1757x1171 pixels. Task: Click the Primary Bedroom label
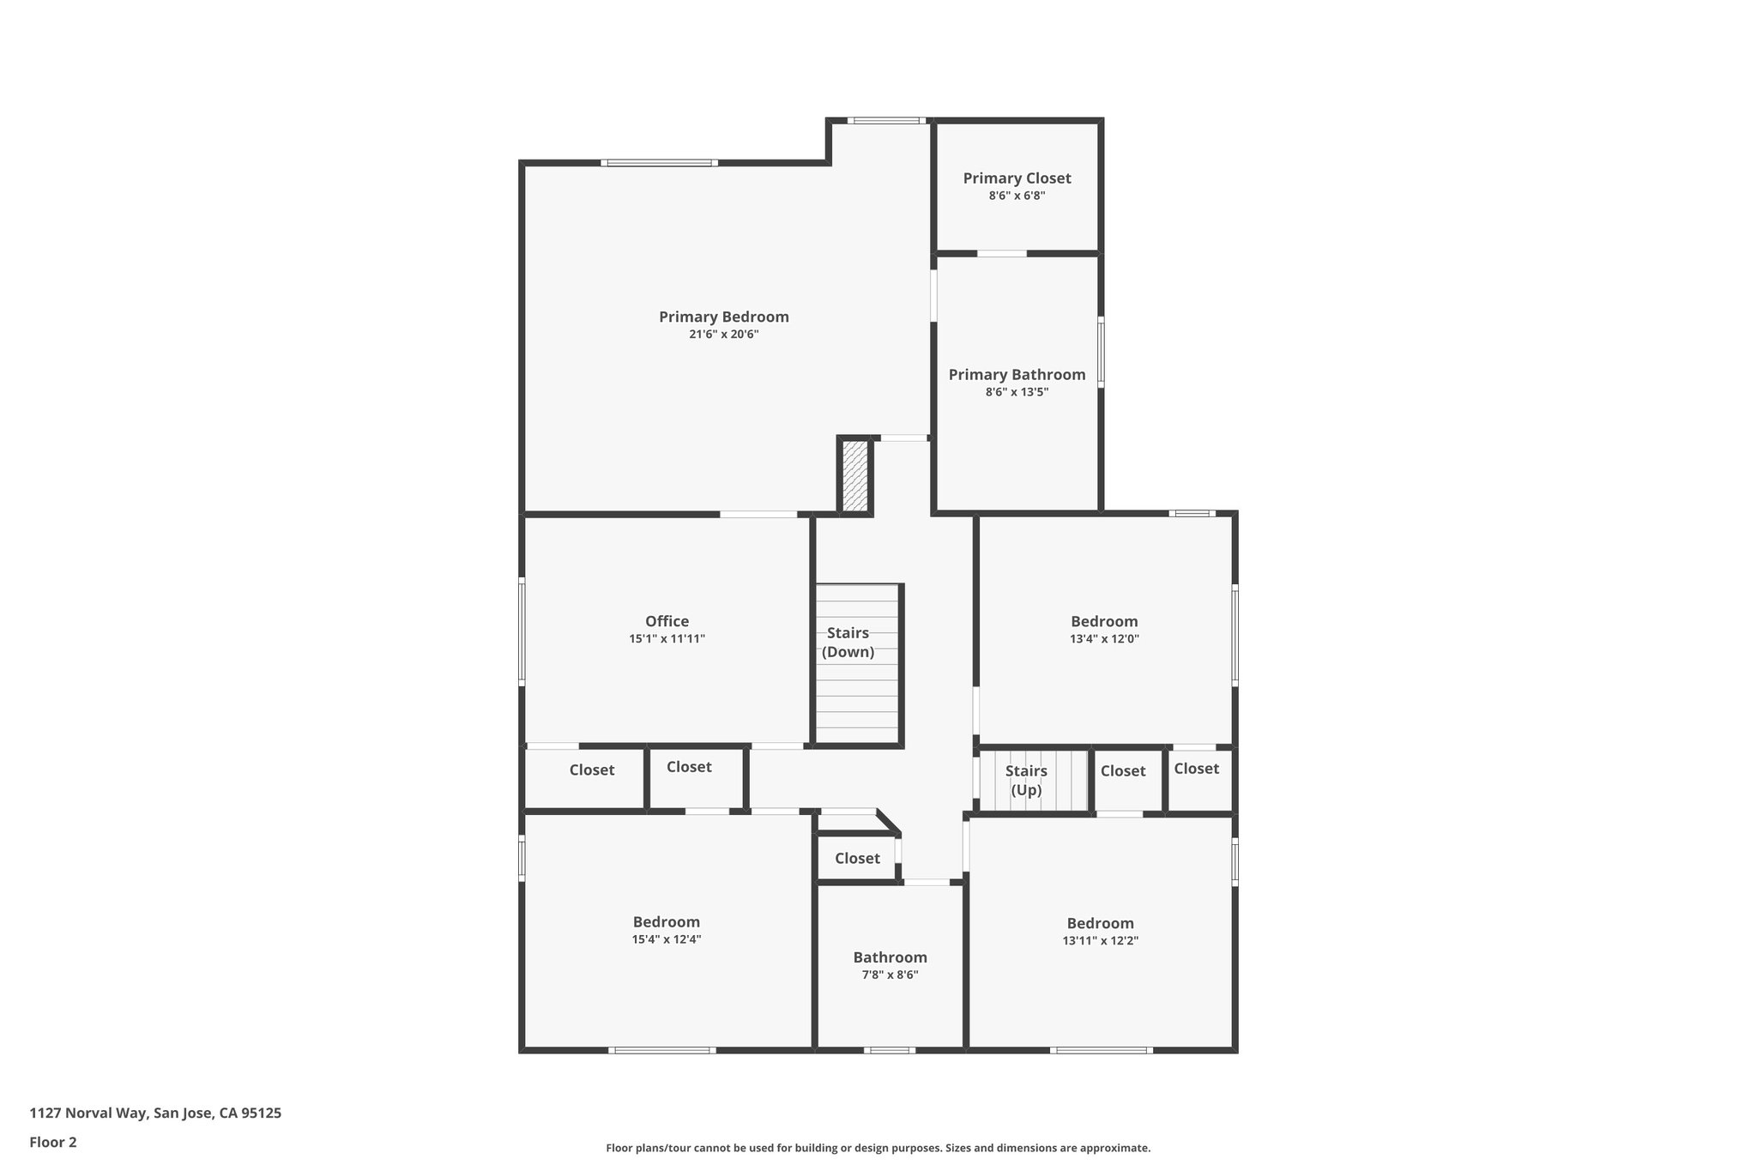point(723,317)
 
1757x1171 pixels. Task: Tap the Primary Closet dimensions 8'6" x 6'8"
point(1017,196)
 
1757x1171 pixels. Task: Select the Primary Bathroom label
point(1017,375)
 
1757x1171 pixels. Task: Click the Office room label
point(667,621)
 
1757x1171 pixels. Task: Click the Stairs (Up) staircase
point(1033,780)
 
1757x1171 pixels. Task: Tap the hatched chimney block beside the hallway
point(855,476)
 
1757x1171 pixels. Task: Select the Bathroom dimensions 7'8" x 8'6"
point(890,975)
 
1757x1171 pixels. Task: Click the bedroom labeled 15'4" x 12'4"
point(667,930)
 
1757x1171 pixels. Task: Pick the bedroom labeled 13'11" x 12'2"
point(1100,931)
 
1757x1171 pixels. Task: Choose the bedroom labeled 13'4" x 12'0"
point(1104,629)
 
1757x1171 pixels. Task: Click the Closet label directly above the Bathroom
point(857,858)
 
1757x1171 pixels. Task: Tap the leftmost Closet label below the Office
point(591,770)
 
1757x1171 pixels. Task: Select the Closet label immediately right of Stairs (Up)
point(1122,770)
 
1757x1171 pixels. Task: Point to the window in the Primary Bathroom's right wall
point(1101,352)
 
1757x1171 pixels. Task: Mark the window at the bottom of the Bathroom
point(889,1049)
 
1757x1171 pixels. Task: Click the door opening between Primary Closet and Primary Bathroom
point(1001,253)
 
